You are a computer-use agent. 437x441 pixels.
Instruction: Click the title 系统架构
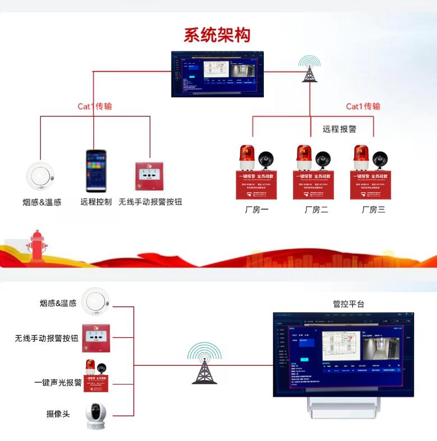217,35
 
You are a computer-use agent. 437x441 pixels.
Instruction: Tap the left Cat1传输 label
95,106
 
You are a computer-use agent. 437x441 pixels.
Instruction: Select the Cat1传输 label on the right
363,106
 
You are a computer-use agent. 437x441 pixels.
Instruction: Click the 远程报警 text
340,129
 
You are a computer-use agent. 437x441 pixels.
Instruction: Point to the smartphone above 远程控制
96,171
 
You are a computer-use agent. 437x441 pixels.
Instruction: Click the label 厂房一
257,210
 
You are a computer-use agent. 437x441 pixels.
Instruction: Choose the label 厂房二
316,210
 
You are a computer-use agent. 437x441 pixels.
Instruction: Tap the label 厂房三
373,210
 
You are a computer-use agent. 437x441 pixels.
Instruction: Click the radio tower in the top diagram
309,69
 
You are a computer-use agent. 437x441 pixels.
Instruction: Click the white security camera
96,415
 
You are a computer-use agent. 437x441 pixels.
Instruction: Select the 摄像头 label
58,414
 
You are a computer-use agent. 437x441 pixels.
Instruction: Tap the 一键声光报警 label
58,383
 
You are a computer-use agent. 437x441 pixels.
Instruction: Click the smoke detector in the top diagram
40,176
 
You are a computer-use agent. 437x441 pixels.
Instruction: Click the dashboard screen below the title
217,74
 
